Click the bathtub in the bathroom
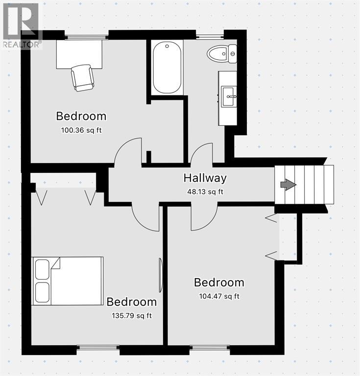pos(167,68)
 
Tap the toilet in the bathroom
pos(222,54)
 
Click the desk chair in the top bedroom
pos(82,78)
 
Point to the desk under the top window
pos(79,54)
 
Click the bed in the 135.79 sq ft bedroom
pos(68,281)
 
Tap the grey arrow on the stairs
pos(288,185)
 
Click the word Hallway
pos(205,178)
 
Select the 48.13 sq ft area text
pos(205,192)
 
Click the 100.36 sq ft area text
pos(81,130)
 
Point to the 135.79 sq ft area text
pos(132,316)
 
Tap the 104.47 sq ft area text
pos(219,296)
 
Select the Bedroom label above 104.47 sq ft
pos(219,282)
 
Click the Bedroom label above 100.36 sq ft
pos(81,116)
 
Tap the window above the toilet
pos(210,37)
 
